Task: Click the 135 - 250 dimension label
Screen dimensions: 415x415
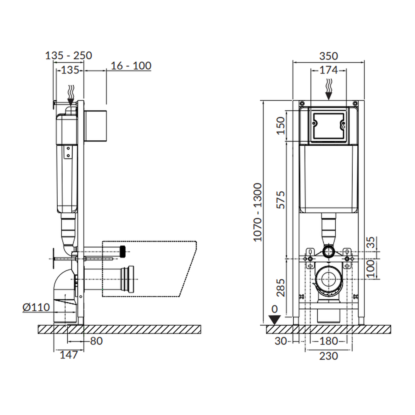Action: [68, 56]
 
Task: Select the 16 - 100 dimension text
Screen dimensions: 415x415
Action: [131, 66]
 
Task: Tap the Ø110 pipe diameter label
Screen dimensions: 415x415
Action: [36, 307]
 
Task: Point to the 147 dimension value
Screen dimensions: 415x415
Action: [69, 355]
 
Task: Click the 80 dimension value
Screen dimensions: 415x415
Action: [96, 341]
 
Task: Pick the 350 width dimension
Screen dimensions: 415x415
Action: [328, 56]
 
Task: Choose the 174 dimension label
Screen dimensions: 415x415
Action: [328, 70]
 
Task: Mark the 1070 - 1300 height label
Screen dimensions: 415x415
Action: [258, 212]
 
